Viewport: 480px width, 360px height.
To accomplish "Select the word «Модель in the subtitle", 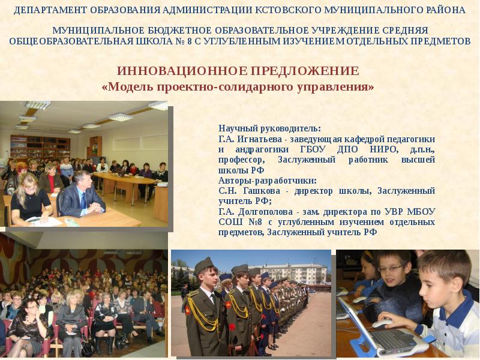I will click(128, 87).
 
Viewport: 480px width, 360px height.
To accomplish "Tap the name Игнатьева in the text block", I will click(254, 139).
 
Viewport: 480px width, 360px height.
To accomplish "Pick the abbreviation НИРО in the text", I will click(382, 149).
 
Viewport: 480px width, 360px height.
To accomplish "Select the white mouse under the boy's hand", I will click(382, 323).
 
